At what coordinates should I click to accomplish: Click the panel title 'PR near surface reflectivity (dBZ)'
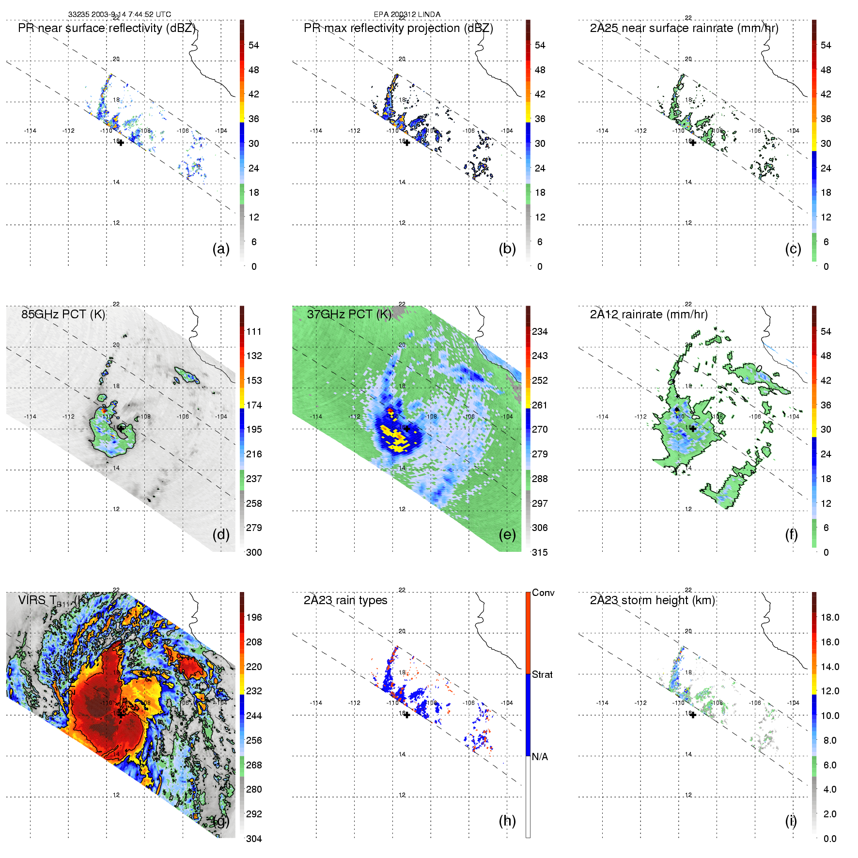tap(107, 28)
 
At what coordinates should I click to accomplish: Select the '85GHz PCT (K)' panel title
tap(63, 314)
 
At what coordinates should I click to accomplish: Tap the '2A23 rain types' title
tap(345, 600)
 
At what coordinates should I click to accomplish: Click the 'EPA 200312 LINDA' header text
tap(407, 15)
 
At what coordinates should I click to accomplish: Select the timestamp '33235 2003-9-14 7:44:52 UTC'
tap(120, 15)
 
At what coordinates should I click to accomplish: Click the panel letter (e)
tap(507, 534)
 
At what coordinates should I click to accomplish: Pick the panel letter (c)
tap(793, 249)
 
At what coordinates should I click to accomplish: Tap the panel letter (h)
tap(507, 821)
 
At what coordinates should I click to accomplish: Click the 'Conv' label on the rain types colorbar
tap(543, 593)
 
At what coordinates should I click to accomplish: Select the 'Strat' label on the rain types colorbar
tap(542, 674)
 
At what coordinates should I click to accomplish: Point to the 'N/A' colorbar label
tap(540, 757)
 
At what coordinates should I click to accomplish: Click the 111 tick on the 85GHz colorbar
tap(254, 331)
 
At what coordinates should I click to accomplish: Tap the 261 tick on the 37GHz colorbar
tap(540, 405)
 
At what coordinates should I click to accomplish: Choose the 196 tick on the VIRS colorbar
tap(254, 617)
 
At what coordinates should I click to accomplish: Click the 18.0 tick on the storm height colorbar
tap(830, 617)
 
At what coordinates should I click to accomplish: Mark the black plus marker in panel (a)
tap(121, 142)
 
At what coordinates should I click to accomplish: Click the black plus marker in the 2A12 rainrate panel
tap(693, 429)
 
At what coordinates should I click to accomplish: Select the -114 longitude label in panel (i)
tap(602, 703)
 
